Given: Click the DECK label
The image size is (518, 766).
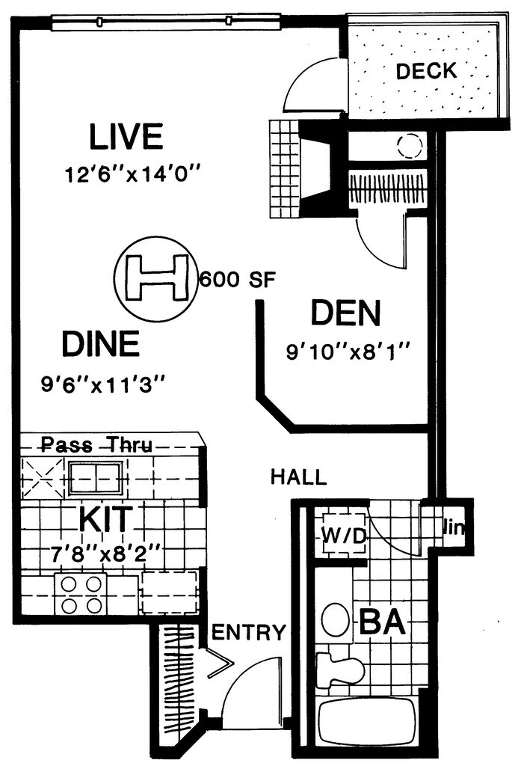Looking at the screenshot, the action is (426, 71).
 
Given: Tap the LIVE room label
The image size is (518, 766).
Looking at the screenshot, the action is (126, 137).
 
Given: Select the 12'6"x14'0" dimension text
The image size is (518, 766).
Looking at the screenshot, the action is (133, 174).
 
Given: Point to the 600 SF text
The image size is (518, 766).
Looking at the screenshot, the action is (238, 280).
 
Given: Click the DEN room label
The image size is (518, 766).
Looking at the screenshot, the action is (345, 313).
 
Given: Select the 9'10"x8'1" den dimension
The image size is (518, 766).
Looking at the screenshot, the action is (347, 352).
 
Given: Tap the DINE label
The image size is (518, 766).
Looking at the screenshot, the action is (101, 343).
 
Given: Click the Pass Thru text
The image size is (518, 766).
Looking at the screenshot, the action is (96, 444).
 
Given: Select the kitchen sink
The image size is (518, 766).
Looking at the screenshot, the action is (95, 478).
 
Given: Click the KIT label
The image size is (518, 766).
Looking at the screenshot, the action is (106, 519).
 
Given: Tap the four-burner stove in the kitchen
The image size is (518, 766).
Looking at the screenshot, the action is (81, 594).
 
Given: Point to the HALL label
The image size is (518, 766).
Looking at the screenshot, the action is (299, 477).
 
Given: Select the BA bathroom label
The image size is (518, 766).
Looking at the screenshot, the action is (382, 622).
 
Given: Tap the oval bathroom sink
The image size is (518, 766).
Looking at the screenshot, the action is (336, 620).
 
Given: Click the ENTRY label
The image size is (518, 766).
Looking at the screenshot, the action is (248, 632).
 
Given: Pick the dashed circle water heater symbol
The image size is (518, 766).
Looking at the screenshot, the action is (409, 146).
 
